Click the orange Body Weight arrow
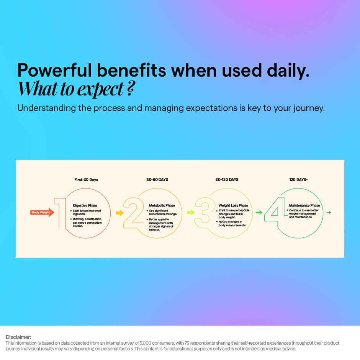(42, 212)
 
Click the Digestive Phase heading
(85, 206)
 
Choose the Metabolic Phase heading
(162, 206)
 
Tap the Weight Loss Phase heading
(233, 206)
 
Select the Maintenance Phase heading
(304, 206)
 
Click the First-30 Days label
(86, 180)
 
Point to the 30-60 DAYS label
(157, 180)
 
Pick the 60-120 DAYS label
(227, 180)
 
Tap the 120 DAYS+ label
(299, 180)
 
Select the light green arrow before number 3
(191, 213)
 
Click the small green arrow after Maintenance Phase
(329, 212)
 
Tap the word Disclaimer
(18, 337)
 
